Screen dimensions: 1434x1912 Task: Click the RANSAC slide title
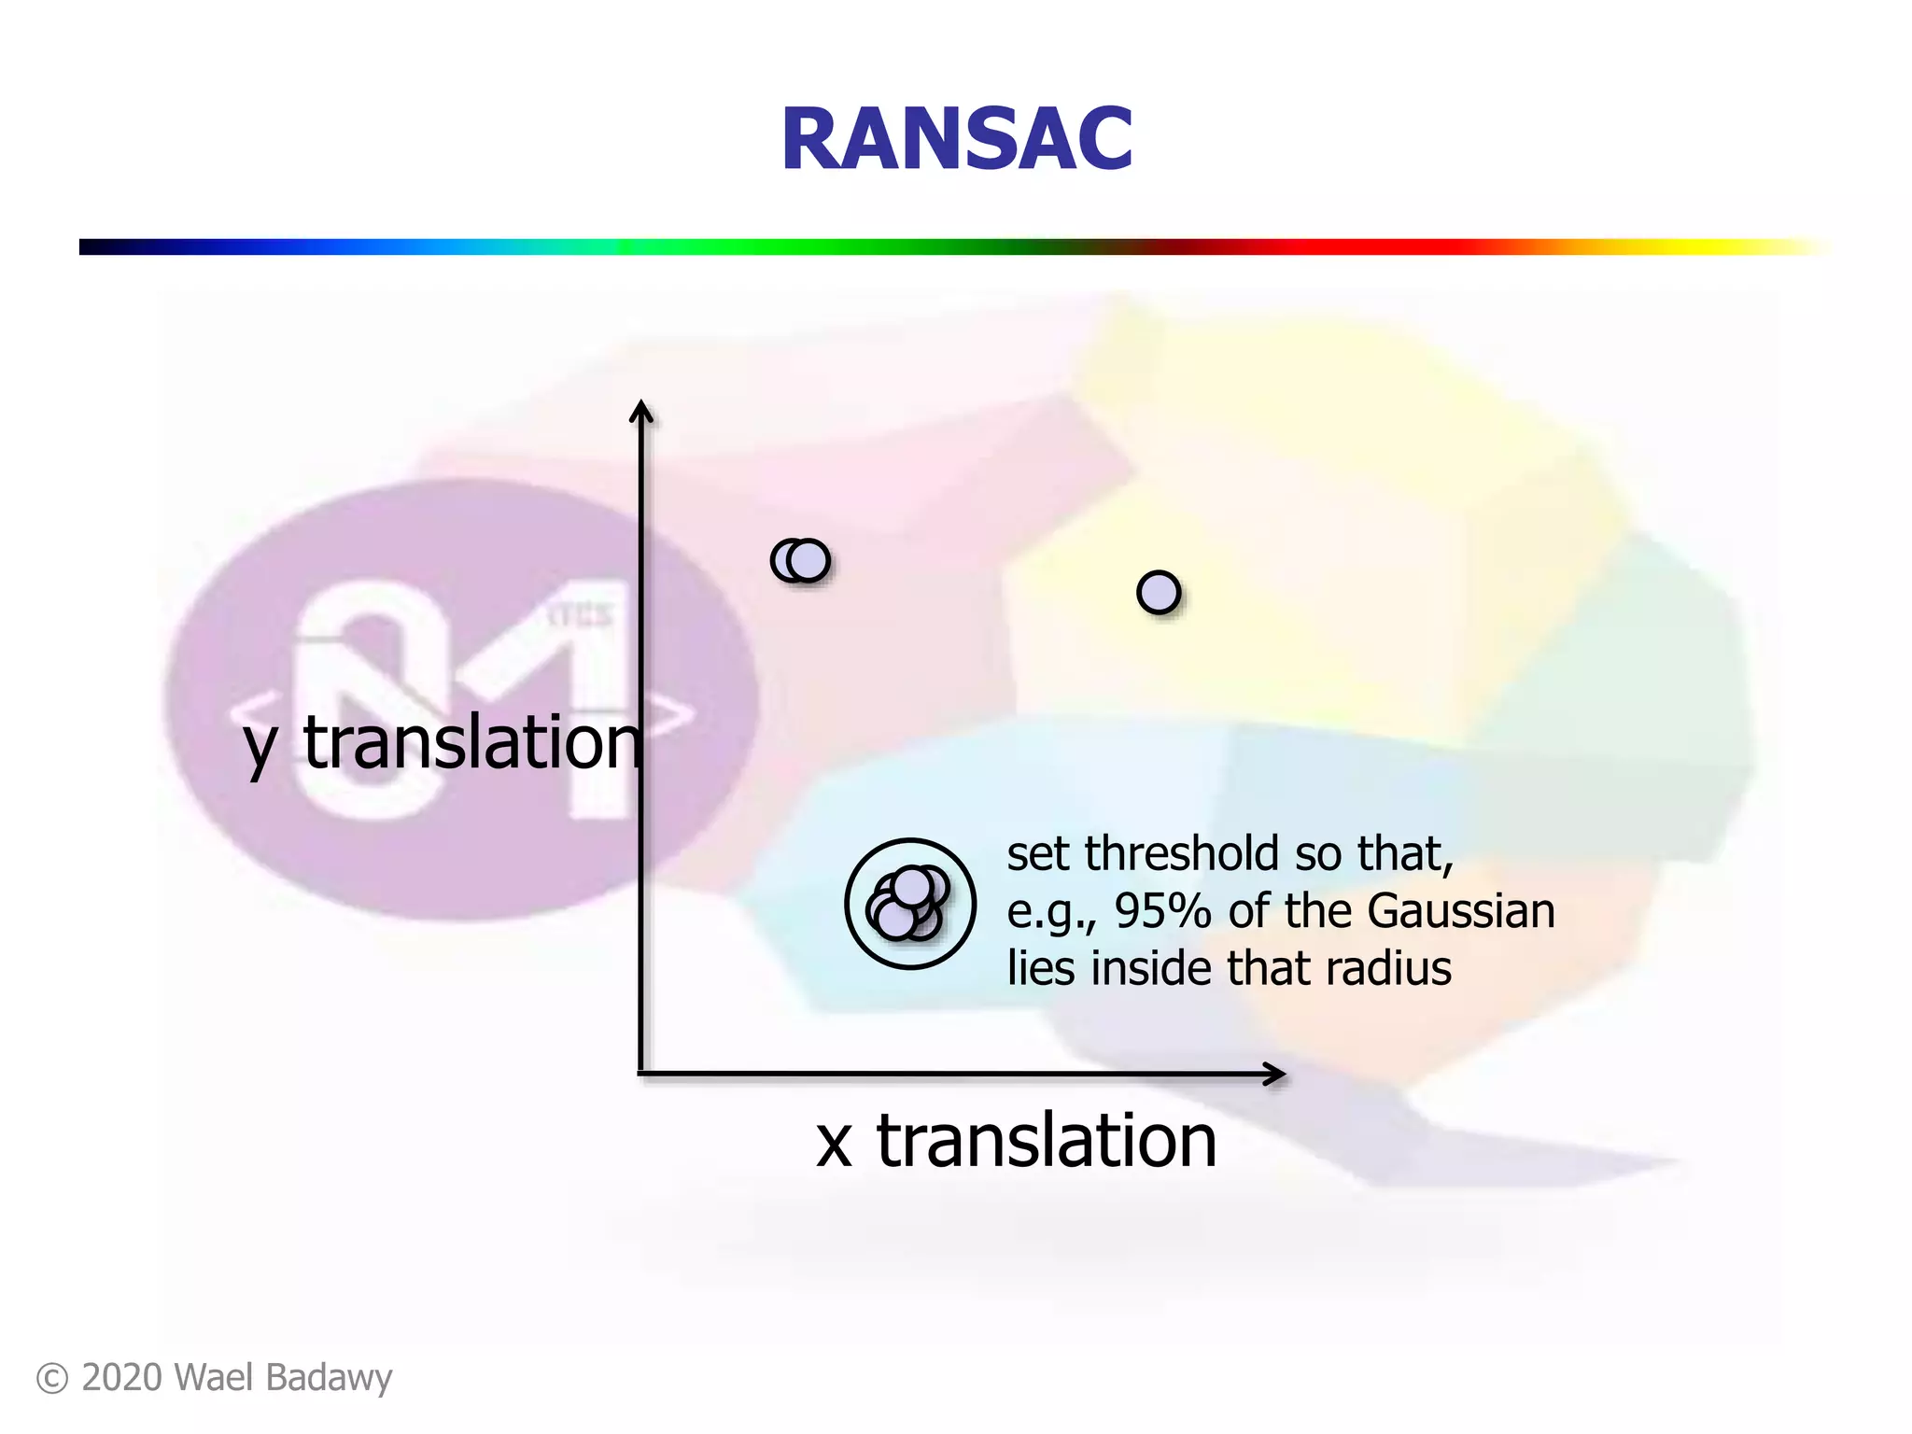pos(956,140)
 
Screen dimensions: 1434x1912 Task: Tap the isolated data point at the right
pos(1159,593)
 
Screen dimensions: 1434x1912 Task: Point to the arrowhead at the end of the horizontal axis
pos(1277,1075)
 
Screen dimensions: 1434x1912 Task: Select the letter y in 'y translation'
pos(260,747)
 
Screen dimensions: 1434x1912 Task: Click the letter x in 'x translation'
pos(834,1143)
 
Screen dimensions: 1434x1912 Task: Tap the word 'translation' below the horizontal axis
pos(1046,1141)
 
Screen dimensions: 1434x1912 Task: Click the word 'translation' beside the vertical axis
pos(472,743)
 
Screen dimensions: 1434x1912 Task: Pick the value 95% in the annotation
pos(1162,911)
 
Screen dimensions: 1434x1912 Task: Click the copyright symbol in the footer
pos(52,1379)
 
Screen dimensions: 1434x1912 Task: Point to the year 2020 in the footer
pos(121,1378)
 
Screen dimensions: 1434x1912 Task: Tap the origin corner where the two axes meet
pos(641,1074)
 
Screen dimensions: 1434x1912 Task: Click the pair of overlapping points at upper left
pos(801,561)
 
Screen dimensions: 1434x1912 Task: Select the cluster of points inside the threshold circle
pos(907,903)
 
